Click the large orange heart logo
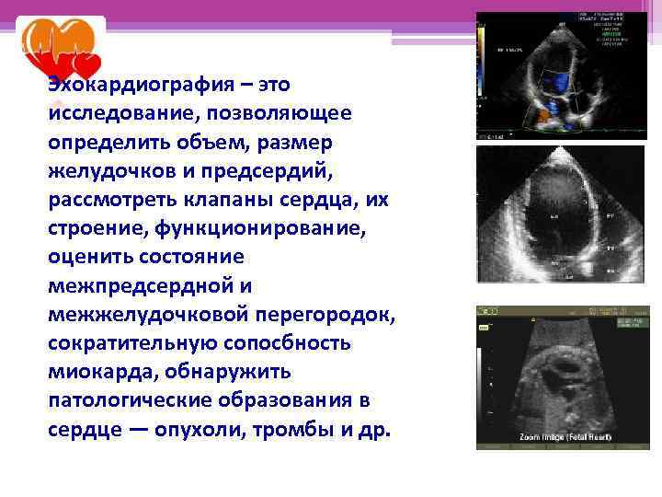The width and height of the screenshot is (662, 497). coord(56,41)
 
